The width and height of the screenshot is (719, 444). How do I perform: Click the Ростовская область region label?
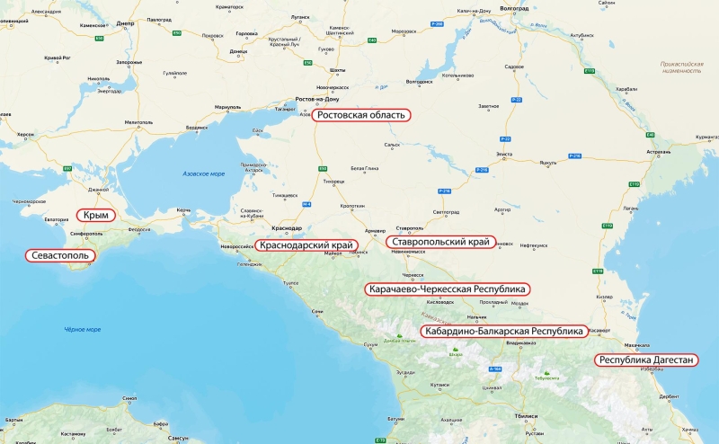[361, 116]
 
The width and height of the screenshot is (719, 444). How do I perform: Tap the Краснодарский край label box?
[306, 244]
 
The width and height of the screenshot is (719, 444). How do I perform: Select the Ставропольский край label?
[440, 242]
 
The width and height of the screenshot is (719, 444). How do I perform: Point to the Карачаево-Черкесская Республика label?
[447, 289]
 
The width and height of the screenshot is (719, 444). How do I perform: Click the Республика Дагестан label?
[645, 360]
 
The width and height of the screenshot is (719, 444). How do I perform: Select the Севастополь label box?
[60, 256]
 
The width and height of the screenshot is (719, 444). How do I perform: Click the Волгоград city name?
[512, 7]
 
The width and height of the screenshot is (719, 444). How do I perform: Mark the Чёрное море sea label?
[82, 330]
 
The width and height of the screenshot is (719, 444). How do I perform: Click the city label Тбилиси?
[525, 416]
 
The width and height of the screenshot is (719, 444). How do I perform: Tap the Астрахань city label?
[657, 152]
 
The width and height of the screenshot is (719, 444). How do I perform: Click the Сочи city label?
[317, 311]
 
